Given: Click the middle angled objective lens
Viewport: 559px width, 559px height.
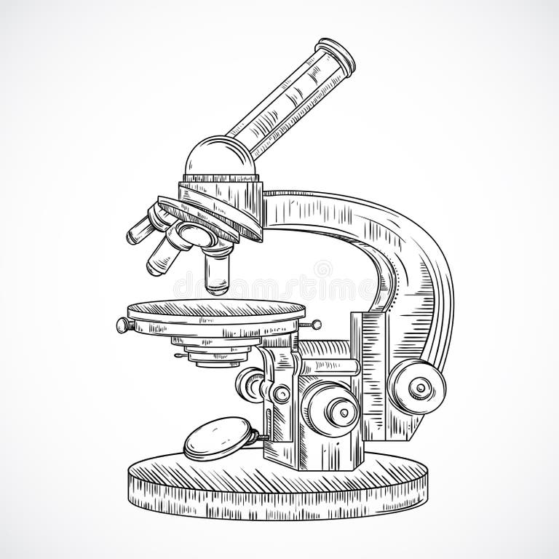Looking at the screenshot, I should [x=162, y=251].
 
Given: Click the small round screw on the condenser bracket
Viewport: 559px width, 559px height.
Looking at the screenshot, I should [x=281, y=394].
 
